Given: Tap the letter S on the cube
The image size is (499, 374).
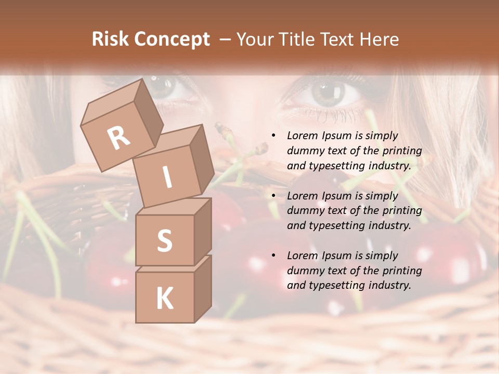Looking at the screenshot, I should (164, 241).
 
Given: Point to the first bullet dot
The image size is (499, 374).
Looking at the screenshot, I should (274, 136).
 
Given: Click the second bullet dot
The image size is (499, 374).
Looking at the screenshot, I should (274, 196).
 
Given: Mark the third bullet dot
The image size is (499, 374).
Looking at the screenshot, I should (274, 256).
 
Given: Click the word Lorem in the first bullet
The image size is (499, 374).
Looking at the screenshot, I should (301, 136).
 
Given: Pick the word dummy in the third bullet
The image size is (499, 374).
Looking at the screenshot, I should (304, 271).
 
